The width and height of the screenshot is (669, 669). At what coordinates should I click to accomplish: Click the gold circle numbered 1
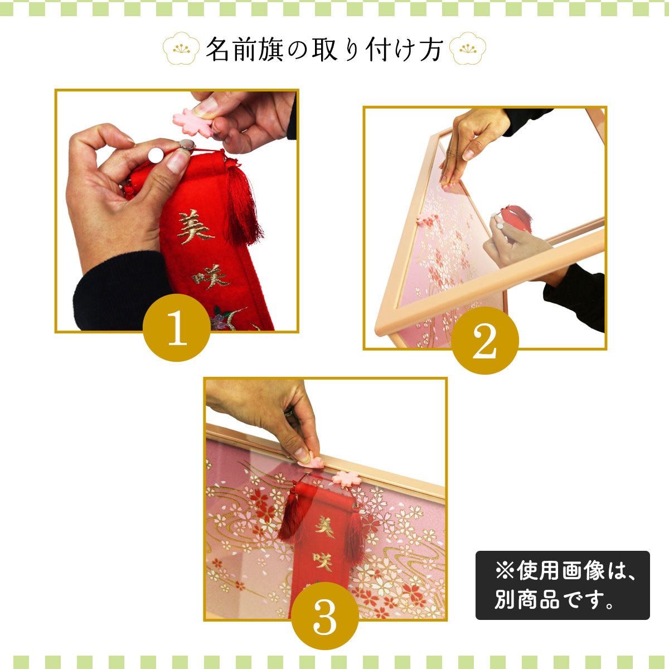point(177,328)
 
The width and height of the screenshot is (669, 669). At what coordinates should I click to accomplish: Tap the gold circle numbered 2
point(485,341)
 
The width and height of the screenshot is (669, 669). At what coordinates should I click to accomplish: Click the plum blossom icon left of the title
point(181,49)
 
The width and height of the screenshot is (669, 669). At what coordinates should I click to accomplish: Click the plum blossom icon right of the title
point(468,49)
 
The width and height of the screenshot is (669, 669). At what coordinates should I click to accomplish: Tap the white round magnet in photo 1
point(156,155)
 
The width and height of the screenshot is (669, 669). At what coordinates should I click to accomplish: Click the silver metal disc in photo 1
point(187,144)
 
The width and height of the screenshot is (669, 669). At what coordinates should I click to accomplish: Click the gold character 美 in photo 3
point(325,527)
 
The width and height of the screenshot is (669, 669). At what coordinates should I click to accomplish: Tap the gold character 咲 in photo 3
point(323,561)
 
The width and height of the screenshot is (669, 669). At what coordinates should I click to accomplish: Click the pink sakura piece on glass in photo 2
point(428,219)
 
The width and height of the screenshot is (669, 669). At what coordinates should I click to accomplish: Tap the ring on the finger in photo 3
point(289,413)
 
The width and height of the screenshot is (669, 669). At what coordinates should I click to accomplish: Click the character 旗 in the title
point(270,49)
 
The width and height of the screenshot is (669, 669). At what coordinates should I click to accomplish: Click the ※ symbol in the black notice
point(505,571)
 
